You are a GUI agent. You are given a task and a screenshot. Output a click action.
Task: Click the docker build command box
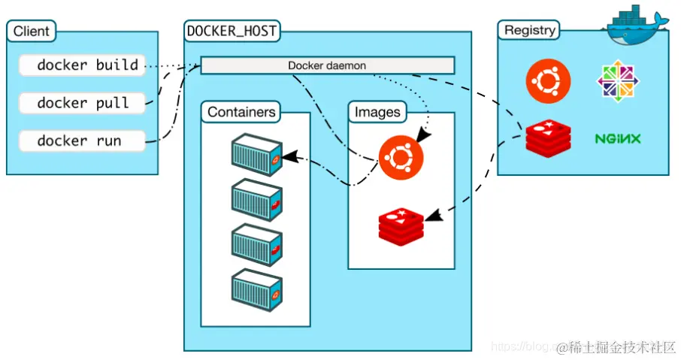81,65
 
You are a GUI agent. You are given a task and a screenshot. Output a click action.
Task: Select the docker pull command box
81,103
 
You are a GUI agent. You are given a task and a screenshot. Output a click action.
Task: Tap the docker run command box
81,141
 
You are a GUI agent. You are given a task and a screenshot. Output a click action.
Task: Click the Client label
32,32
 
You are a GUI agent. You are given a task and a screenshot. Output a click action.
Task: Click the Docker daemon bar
327,65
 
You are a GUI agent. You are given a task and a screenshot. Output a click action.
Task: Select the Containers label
241,113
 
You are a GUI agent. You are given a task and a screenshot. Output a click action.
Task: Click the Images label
377,113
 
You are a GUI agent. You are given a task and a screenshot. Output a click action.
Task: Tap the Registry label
530,31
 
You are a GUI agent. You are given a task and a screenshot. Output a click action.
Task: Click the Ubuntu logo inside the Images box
401,158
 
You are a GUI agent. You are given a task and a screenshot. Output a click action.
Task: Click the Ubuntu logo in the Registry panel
548,80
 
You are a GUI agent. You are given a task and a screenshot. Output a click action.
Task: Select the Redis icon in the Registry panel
548,138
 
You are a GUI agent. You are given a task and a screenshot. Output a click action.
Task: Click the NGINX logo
618,139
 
